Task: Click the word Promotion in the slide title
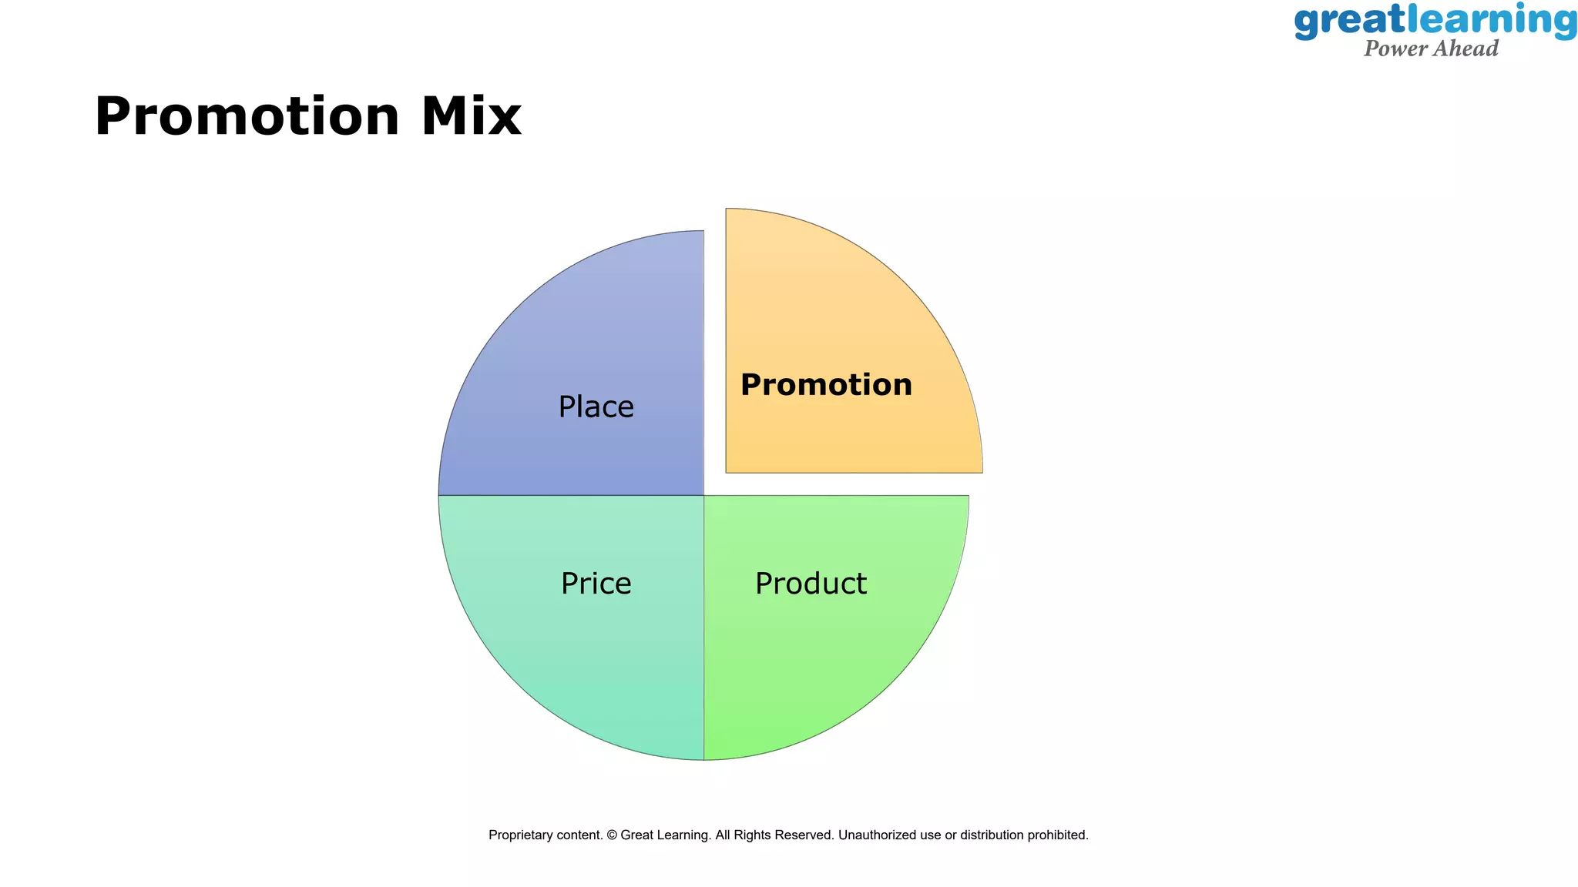tap(247, 117)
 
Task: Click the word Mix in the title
tap(471, 117)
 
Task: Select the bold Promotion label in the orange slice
tap(826, 385)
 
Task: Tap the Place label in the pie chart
tap(596, 407)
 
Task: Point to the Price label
tap(596, 584)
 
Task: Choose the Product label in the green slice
tap(811, 584)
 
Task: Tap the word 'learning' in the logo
tap(1492, 21)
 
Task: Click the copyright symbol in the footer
tap(612, 835)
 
